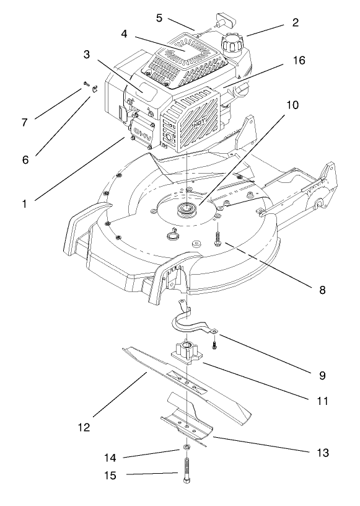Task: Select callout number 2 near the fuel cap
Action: click(x=296, y=23)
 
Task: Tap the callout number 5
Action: click(x=159, y=18)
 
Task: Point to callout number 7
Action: click(x=25, y=122)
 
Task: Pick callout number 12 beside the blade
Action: click(x=85, y=427)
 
